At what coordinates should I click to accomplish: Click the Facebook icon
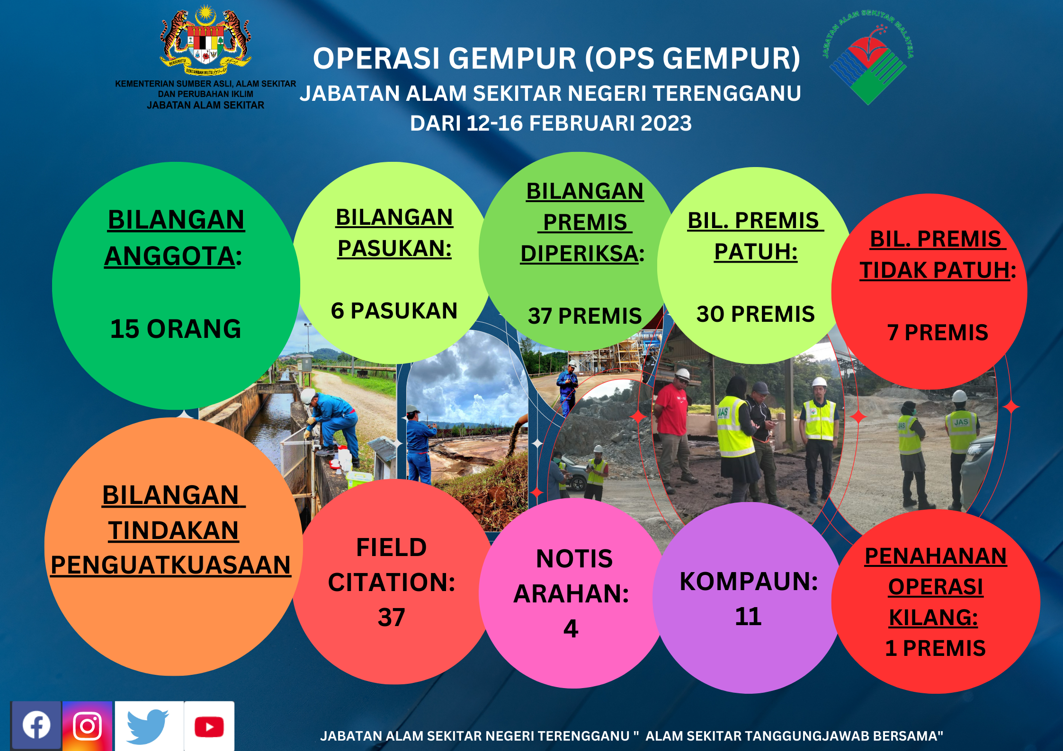[36, 725]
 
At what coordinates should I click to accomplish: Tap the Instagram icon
[88, 725]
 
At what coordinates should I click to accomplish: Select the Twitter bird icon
[148, 726]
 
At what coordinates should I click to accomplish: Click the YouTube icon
[209, 727]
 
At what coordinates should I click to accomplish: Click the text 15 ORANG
[176, 329]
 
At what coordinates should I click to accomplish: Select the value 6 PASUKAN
[394, 311]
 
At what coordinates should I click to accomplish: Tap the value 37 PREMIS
[585, 316]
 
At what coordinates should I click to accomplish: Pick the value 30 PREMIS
[756, 314]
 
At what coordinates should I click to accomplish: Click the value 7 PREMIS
[938, 332]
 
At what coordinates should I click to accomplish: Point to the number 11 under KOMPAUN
[749, 617]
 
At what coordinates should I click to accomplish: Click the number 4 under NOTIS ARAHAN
[571, 629]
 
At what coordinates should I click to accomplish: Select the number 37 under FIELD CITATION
[392, 618]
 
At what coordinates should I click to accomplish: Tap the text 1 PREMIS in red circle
[936, 648]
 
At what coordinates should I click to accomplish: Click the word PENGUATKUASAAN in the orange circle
[171, 565]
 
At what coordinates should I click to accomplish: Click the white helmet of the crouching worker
[308, 396]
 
